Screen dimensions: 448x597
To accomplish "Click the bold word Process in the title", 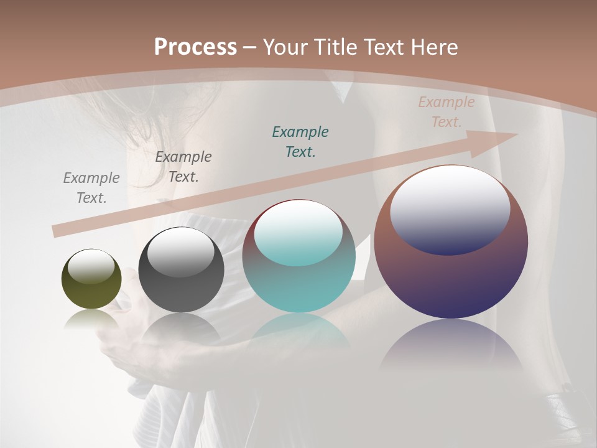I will tap(195, 47).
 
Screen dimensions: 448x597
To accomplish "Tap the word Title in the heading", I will tap(335, 47).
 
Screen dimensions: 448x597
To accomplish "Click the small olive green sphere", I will tap(91, 287).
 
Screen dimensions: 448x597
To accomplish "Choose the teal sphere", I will tap(298, 280).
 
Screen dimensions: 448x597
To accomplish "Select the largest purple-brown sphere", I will tap(451, 274).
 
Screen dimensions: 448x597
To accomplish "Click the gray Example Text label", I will tap(91, 187).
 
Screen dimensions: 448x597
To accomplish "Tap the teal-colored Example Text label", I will tap(300, 141).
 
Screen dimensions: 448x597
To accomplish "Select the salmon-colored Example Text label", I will tap(447, 112).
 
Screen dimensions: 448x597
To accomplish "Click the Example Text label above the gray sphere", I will tap(183, 166).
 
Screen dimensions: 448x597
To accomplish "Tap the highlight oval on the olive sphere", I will tap(91, 267).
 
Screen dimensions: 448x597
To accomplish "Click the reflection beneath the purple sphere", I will tap(451, 345).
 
